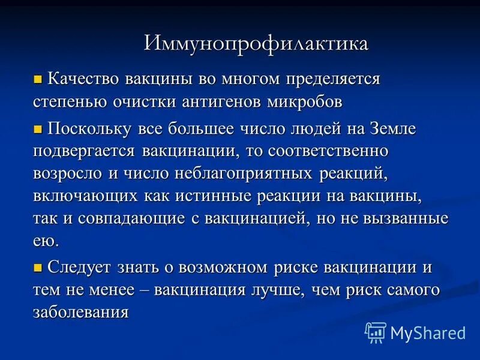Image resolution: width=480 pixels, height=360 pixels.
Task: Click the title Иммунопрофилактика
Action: [256, 44]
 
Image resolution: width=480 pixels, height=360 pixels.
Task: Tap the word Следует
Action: [78, 267]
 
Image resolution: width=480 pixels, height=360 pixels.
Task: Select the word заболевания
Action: [81, 312]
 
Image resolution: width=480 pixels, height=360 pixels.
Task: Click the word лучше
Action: [299, 290]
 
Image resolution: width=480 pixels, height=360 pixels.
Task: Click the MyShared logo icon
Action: [376, 332]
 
